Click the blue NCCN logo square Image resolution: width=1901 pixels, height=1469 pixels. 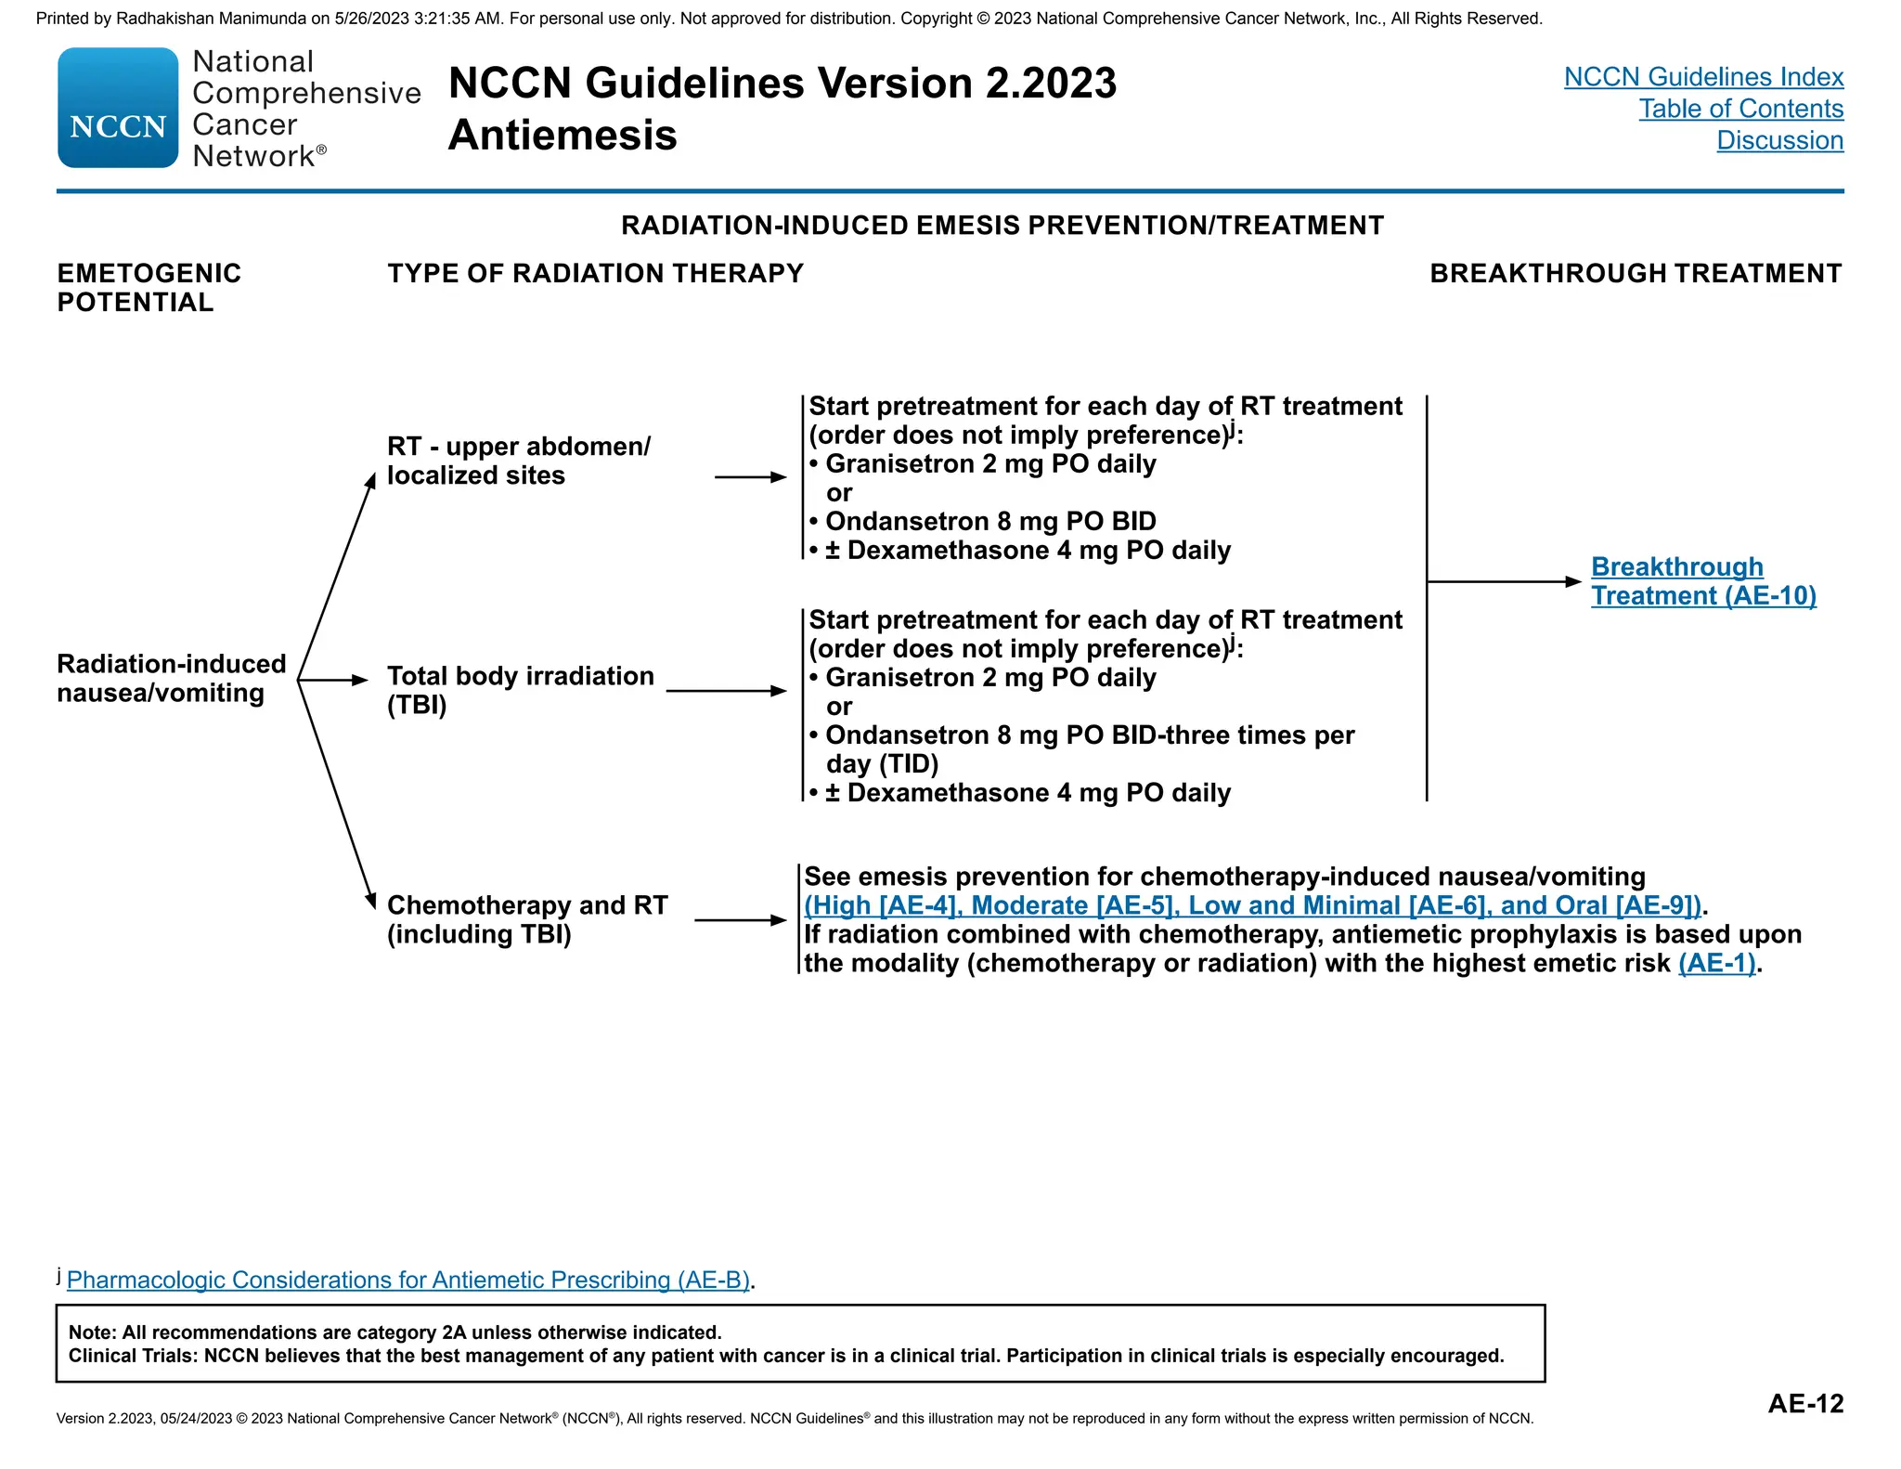point(118,108)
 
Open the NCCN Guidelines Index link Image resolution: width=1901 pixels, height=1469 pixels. point(1703,77)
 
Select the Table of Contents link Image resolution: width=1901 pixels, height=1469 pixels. point(1741,109)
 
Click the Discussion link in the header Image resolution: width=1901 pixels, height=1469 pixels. point(1780,140)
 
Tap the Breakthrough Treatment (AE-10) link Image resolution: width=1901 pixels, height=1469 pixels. point(1703,581)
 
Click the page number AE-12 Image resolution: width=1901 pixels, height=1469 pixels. point(1805,1403)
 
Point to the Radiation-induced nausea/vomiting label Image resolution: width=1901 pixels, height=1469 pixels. point(172,678)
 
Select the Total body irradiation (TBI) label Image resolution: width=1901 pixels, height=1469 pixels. point(521,690)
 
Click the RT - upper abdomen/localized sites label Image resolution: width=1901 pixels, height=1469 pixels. point(519,461)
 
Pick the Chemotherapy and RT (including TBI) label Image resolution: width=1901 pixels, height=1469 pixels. point(527,919)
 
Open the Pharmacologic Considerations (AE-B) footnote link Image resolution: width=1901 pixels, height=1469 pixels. point(408,1280)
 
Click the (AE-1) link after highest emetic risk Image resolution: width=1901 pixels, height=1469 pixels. point(1717,963)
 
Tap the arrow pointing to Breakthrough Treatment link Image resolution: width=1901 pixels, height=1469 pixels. point(1504,582)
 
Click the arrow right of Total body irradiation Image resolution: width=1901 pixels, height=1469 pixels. point(727,691)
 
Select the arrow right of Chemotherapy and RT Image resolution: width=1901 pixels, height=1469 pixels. point(741,920)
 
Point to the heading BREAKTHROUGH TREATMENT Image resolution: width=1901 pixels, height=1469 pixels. point(1636,274)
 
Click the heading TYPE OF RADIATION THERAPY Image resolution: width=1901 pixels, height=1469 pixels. point(596,274)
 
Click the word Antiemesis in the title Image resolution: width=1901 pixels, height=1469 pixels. point(563,136)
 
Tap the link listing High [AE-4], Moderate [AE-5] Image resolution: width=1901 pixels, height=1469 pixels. point(1253,905)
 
